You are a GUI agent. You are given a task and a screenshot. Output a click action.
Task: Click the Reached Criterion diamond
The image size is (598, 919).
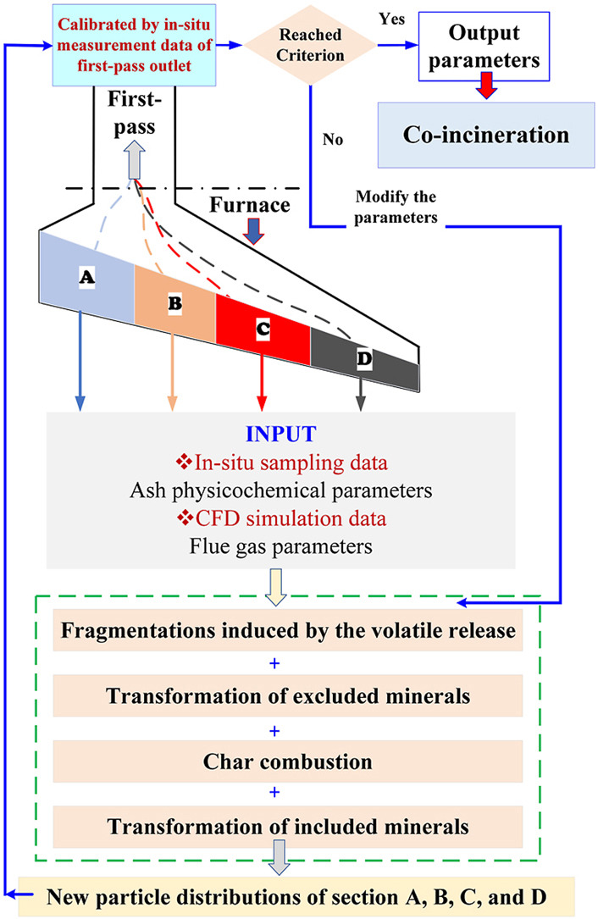coord(310,45)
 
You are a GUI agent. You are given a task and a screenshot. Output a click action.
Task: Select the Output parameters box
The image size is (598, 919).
coord(484,47)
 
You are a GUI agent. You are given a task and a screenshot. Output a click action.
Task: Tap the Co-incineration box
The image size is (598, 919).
coord(486,135)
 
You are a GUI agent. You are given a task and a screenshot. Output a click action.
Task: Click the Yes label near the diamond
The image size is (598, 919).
coord(391,19)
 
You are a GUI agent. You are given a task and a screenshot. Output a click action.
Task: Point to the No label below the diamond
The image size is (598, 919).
coord(332,139)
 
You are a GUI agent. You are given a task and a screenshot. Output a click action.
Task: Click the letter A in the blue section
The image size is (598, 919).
coord(86,276)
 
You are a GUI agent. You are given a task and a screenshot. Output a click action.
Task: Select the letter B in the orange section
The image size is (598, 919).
coord(174,303)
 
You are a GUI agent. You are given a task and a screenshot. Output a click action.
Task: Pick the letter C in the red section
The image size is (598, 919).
coord(263,329)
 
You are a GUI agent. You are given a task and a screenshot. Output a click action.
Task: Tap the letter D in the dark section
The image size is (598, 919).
coord(364,358)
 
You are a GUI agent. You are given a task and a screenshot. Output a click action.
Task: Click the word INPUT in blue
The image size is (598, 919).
coord(281,434)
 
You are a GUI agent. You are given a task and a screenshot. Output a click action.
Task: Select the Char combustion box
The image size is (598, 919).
coord(287,761)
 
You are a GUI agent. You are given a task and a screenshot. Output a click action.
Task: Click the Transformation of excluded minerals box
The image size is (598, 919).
coord(287,695)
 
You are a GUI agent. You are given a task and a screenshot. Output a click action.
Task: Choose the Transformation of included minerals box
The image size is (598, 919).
coord(287,827)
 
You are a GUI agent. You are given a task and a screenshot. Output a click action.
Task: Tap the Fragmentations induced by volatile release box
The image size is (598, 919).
coord(287,630)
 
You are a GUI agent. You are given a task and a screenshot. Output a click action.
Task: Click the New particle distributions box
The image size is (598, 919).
coord(296,897)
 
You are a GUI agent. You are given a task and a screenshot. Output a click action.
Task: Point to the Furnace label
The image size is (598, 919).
coord(250,205)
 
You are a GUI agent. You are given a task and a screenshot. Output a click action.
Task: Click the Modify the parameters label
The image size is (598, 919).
coord(396,207)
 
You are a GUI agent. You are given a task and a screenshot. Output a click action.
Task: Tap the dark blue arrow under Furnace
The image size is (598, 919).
coord(253,231)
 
